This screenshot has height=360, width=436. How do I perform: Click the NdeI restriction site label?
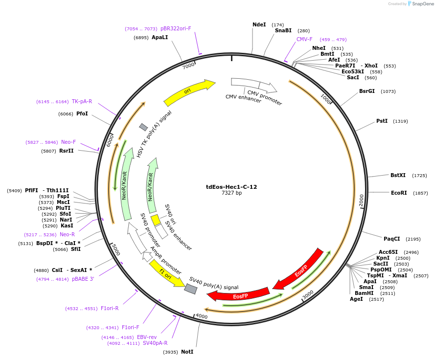click(259, 24)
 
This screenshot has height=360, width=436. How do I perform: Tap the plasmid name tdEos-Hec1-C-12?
click(231, 186)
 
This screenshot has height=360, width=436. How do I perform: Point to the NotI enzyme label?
click(187, 352)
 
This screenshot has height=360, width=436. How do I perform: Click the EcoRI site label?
click(399, 193)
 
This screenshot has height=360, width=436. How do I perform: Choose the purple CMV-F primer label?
click(304, 39)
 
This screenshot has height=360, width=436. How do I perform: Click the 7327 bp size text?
click(231, 193)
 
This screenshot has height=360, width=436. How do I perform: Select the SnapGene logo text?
click(423, 4)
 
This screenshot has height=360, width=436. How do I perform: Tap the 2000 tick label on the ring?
click(361, 200)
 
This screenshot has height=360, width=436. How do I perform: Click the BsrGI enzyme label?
click(367, 91)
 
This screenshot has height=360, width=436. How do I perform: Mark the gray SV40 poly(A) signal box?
click(191, 289)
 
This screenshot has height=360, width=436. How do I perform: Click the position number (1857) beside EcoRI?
click(420, 193)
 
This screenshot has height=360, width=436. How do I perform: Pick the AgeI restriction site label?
click(356, 299)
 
